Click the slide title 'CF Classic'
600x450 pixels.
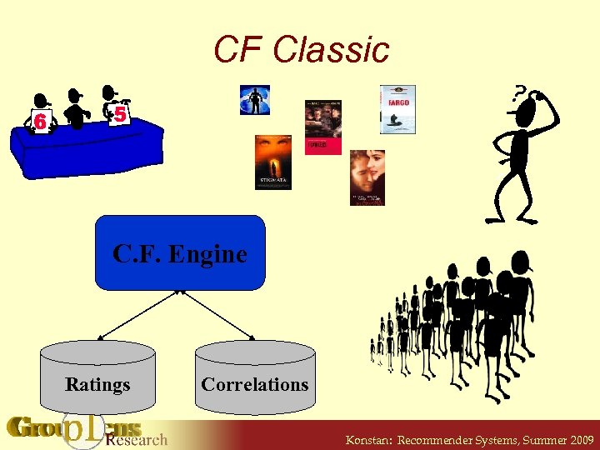point(301,49)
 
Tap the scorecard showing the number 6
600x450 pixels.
point(39,122)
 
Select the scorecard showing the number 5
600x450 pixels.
point(120,115)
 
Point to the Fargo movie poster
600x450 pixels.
point(397,109)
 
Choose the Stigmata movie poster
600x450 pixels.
point(272,162)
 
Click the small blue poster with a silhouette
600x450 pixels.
point(254,99)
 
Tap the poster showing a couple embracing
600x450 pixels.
point(367,177)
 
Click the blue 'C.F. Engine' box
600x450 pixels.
point(180,252)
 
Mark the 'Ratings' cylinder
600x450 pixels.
point(98,378)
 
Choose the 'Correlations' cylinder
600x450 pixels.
point(255,378)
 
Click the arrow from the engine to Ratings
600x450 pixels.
point(138,314)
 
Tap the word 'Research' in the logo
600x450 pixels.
point(137,439)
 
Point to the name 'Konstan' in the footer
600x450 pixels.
point(369,439)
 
